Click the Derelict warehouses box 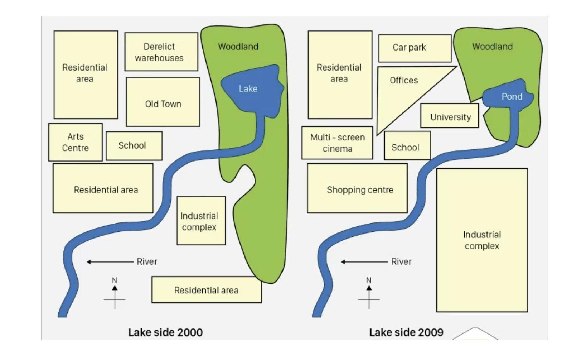161,52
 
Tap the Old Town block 163,102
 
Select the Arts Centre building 76,142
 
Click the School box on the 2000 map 134,146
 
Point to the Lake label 248,88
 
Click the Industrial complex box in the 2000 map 201,221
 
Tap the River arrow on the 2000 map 110,262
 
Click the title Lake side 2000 166,332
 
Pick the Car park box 415,48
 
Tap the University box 450,115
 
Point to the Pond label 512,97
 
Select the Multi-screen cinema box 337,143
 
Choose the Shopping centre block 357,188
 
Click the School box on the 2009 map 407,145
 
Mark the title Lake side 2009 406,332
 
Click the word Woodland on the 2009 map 493,47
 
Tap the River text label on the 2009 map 401,261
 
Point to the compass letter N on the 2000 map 115,280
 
